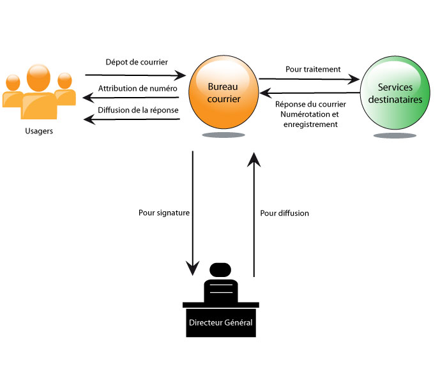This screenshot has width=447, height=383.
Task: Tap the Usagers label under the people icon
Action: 39,131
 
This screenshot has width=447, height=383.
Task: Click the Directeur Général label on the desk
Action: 221,323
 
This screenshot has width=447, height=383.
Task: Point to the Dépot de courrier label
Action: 137,62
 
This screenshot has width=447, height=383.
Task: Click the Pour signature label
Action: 164,213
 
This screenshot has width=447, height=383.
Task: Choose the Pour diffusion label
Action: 285,213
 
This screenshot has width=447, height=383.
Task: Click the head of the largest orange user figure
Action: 39,77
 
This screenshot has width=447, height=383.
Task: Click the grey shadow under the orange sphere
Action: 223,135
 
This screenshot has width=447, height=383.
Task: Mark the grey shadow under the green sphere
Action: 395,136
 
